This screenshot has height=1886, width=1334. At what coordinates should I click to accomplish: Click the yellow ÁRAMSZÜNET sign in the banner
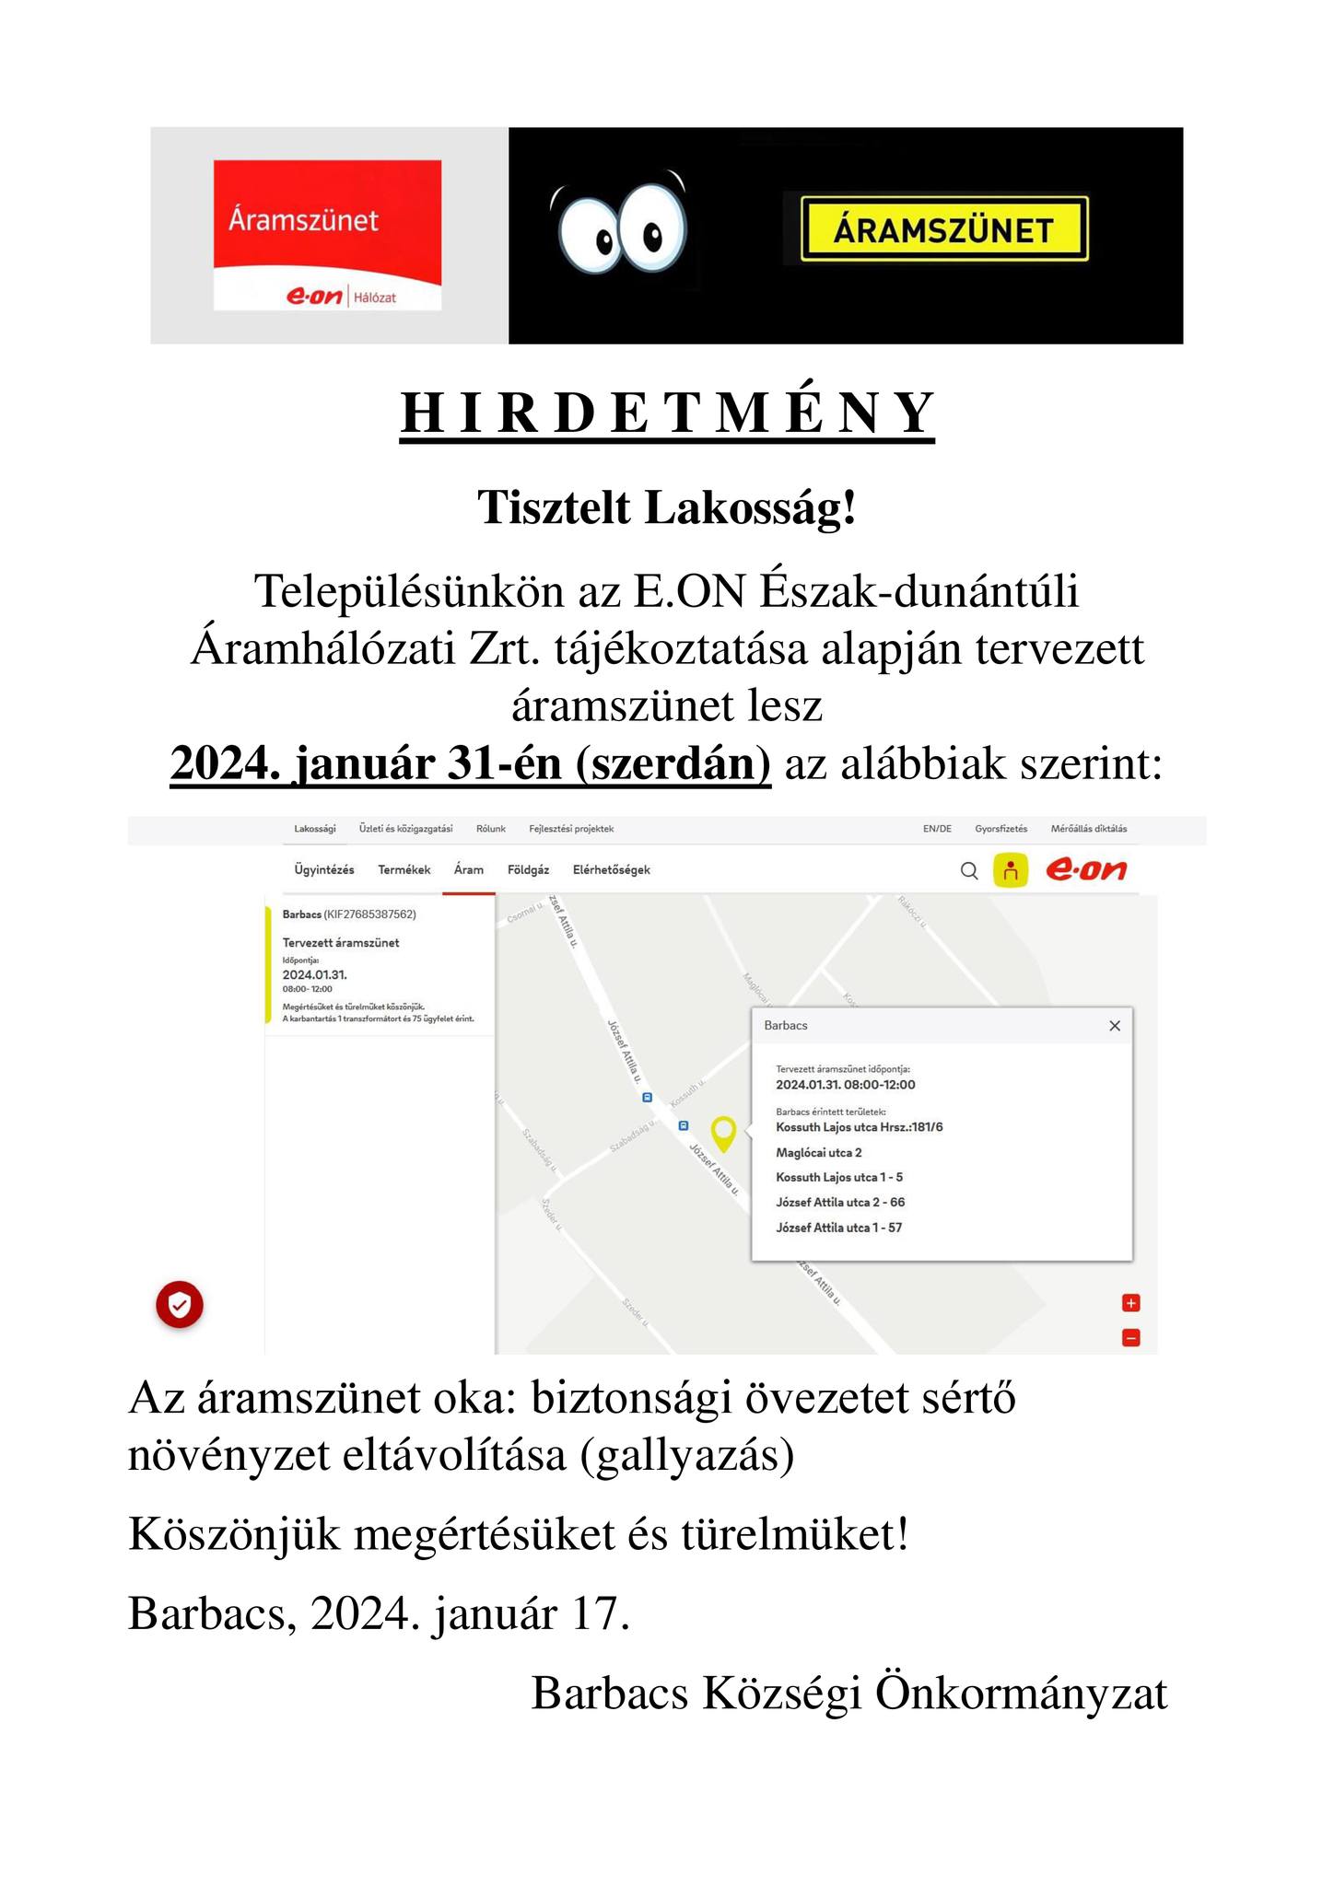pyautogui.click(x=944, y=228)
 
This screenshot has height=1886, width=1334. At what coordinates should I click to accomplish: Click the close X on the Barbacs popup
pyautogui.click(x=1115, y=1026)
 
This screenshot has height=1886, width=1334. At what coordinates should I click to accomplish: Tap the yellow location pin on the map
pyautogui.click(x=724, y=1132)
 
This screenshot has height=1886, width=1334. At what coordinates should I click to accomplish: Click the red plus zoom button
pyautogui.click(x=1131, y=1303)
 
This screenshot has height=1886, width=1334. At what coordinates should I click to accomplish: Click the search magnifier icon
pyautogui.click(x=969, y=870)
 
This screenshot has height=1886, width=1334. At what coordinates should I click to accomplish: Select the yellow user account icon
pyautogui.click(x=1010, y=870)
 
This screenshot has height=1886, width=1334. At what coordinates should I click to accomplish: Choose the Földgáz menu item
pyautogui.click(x=528, y=870)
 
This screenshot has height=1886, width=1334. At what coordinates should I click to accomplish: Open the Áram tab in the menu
pyautogui.click(x=469, y=870)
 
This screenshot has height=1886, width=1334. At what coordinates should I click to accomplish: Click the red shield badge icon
pyautogui.click(x=180, y=1304)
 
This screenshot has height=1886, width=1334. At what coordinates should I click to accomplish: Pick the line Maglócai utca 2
pyautogui.click(x=819, y=1152)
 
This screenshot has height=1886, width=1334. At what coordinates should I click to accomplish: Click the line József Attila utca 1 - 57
pyautogui.click(x=838, y=1228)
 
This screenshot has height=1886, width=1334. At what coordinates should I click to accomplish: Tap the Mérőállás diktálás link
pyautogui.click(x=1088, y=829)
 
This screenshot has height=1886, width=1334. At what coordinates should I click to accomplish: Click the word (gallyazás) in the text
pyautogui.click(x=687, y=1455)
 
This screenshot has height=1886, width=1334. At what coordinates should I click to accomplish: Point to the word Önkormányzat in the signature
pyautogui.click(x=1021, y=1693)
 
